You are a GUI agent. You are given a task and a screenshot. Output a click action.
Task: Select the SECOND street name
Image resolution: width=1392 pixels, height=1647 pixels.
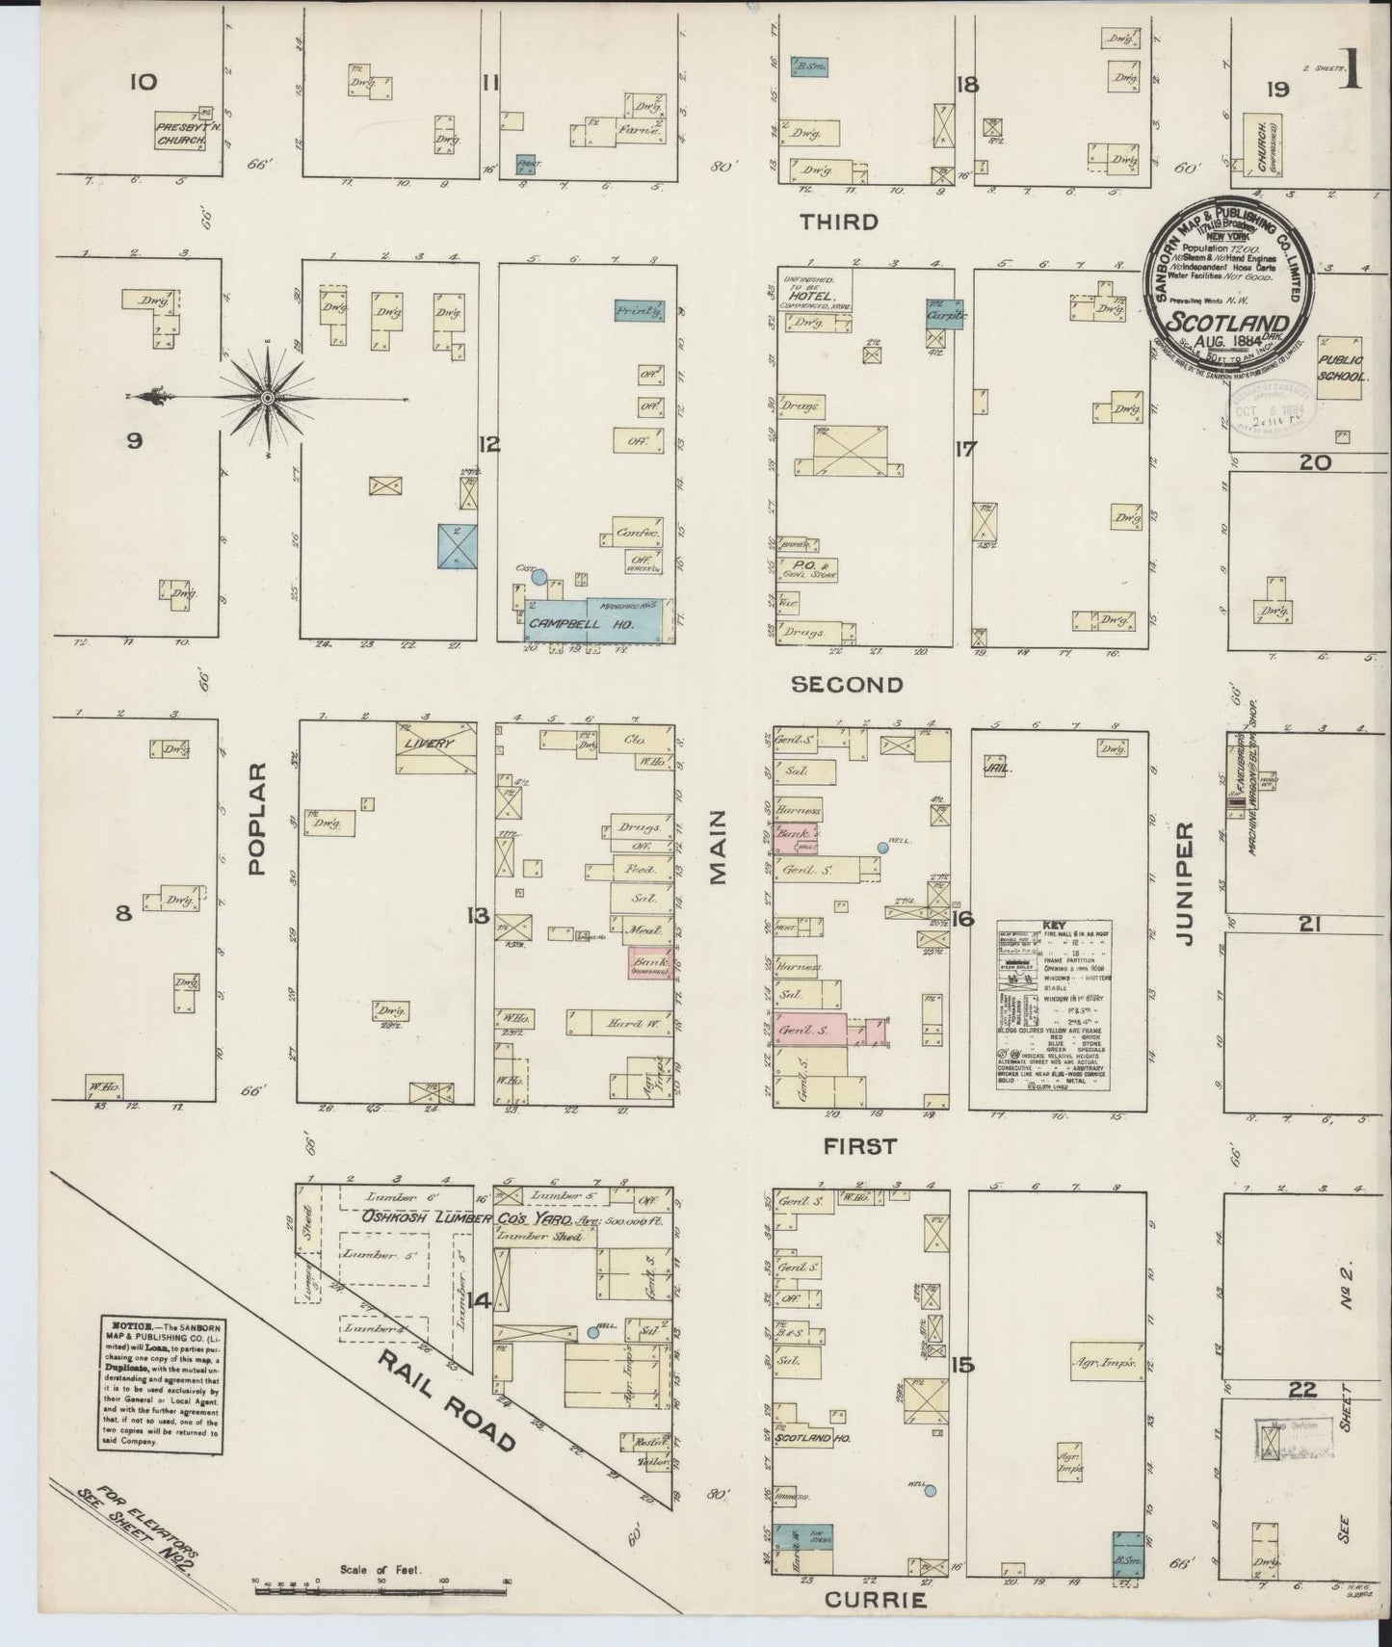coord(847,685)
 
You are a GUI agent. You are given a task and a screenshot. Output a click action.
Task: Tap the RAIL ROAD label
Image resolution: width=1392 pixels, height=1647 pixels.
coord(445,1402)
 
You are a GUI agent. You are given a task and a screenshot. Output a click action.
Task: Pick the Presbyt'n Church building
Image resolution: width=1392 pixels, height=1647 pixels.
coord(181,133)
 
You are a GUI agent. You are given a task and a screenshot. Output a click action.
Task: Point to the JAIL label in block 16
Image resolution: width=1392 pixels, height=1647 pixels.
coord(995,769)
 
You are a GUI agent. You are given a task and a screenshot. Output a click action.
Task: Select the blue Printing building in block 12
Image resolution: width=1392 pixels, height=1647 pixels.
coord(642,310)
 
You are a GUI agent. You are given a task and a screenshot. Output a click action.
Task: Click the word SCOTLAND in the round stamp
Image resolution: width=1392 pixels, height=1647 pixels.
coord(1227,323)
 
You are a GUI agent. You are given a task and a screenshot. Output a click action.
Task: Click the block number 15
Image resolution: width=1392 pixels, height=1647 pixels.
coord(961,1364)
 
